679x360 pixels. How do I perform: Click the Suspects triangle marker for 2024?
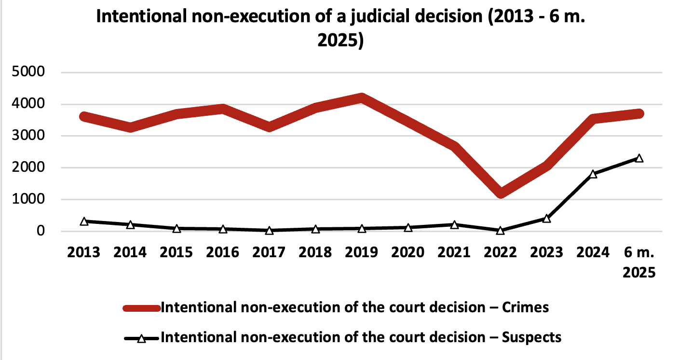click(593, 174)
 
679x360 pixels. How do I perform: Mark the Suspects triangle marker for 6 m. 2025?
click(639, 158)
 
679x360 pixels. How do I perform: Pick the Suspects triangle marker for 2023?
click(547, 219)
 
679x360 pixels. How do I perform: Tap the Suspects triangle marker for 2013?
click(84, 222)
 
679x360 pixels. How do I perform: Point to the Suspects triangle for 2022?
click(501, 231)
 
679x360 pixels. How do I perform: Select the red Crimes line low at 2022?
click(501, 193)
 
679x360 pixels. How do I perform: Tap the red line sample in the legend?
click(141, 308)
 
